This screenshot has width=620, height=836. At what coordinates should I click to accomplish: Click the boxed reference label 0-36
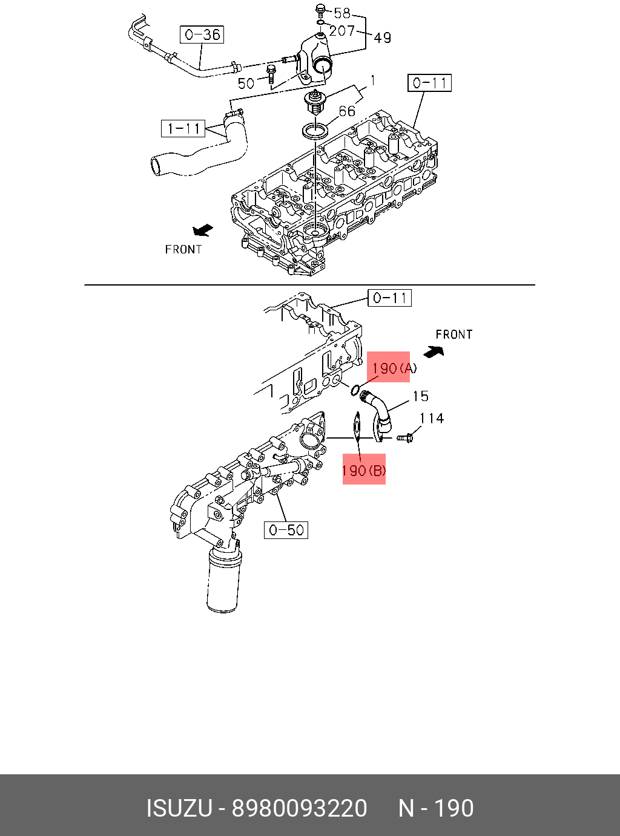202,34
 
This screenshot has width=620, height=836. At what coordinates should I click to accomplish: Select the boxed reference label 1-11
183,128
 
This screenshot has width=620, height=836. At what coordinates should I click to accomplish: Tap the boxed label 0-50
286,530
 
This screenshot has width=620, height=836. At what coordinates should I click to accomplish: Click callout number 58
342,13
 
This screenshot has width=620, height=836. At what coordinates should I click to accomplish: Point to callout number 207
342,30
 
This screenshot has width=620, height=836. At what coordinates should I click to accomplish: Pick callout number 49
383,38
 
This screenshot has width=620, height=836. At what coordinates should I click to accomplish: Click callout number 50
246,83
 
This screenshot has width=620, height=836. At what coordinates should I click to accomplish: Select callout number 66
347,111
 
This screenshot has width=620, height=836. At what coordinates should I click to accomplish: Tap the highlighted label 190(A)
389,367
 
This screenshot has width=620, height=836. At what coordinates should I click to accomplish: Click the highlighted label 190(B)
364,469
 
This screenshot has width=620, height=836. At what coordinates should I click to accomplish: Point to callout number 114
432,418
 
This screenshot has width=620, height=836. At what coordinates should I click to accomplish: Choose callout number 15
420,396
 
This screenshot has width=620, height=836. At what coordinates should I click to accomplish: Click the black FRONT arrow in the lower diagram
434,351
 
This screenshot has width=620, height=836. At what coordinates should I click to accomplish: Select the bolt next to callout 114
404,437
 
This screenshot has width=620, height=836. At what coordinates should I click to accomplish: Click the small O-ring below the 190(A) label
356,390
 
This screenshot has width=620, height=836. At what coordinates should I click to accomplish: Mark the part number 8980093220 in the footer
300,808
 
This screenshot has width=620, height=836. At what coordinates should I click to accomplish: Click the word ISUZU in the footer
179,808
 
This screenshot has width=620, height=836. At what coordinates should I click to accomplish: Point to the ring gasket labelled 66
316,130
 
